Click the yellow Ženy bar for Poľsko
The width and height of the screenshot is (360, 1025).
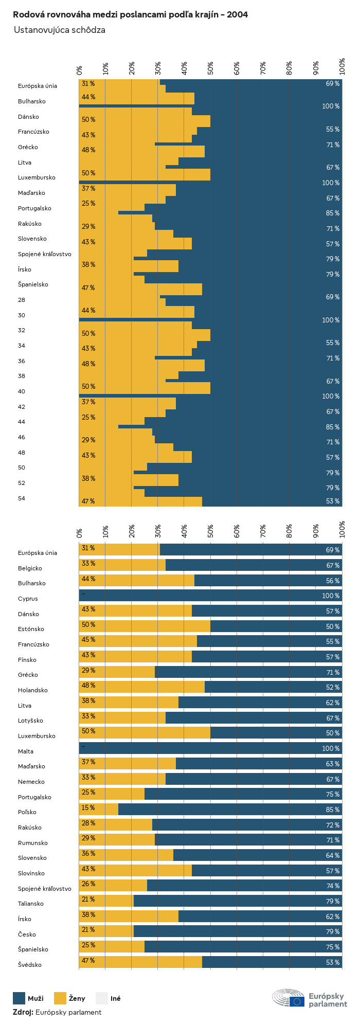pos(99,810)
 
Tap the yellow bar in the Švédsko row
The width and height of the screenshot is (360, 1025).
pos(140,962)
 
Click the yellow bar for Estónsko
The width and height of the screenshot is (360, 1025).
pos(145,626)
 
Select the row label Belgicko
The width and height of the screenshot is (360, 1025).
pos(37,568)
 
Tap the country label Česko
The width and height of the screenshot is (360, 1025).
pos(27,934)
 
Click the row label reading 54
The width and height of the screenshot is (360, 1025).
pos(22,498)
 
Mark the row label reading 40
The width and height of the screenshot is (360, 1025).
pos(22,391)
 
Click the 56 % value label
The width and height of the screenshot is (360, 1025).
pos(332,581)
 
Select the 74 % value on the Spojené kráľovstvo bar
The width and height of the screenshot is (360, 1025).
pos(332,886)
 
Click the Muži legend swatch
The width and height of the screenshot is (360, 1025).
pos(19,998)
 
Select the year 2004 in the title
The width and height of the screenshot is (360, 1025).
pos(237,15)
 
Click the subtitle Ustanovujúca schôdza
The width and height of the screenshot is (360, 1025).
pos(60,30)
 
